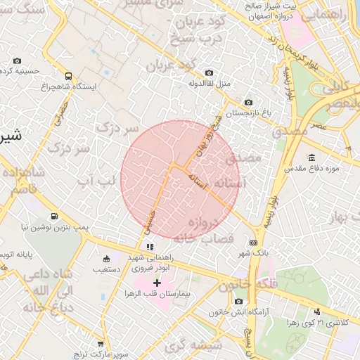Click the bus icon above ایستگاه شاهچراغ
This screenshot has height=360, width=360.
pyautogui.click(x=68, y=75)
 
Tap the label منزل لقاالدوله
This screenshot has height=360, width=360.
pyautogui.click(x=209, y=84)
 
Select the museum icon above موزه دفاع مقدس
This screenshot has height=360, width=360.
pyautogui.click(x=311, y=157)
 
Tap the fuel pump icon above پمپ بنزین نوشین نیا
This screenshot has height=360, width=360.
pyautogui.click(x=53, y=217)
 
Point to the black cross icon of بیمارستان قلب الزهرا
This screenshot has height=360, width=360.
pyautogui.click(x=157, y=282)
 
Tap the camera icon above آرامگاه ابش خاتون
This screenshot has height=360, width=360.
pyautogui.click(x=239, y=302)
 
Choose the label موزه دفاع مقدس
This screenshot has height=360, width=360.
pyautogui.click(x=311, y=169)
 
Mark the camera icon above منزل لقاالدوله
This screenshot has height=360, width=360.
pyautogui.click(x=209, y=73)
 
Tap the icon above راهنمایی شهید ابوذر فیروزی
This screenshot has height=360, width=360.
pyautogui.click(x=149, y=247)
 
